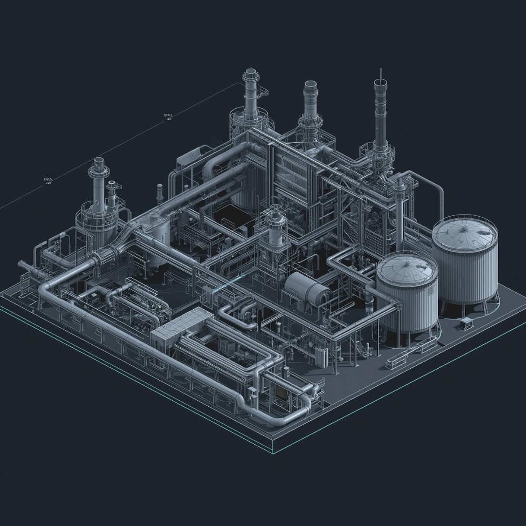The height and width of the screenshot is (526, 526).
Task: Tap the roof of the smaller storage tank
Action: (x=407, y=269)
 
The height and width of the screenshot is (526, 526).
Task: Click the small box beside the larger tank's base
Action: (x=466, y=321)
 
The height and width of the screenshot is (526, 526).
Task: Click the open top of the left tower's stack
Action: (x=99, y=160)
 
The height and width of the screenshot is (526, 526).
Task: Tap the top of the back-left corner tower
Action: (x=250, y=72)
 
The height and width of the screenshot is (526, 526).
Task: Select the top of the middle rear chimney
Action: (x=310, y=84)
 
